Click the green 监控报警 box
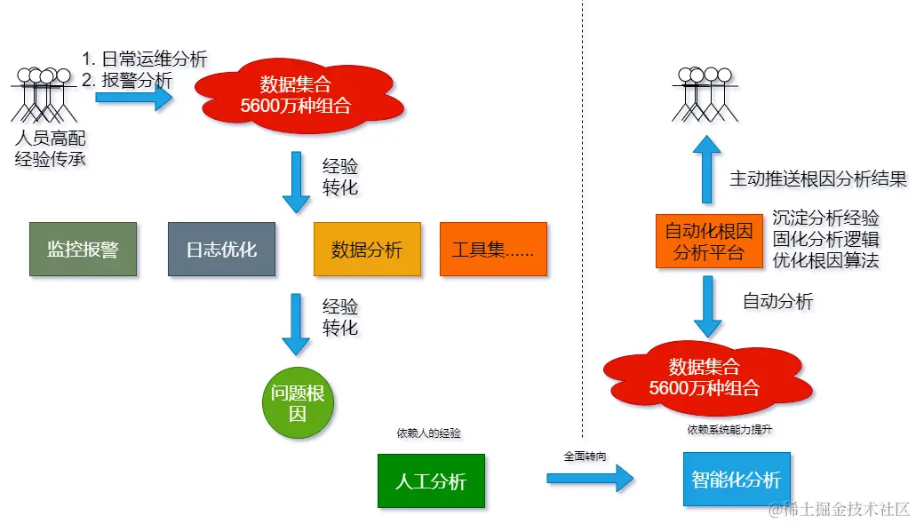(83, 250)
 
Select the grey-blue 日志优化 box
(221, 250)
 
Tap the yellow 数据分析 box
(367, 250)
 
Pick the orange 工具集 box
(492, 250)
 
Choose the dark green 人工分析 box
(431, 481)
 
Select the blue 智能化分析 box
(736, 480)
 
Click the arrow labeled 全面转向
(589, 479)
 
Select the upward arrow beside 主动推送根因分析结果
(707, 169)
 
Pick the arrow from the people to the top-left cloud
(133, 96)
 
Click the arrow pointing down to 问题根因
(296, 325)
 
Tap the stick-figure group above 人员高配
(41, 93)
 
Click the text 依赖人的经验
(429, 433)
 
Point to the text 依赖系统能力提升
(729, 430)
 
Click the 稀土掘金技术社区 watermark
(840, 509)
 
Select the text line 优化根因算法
(825, 261)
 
